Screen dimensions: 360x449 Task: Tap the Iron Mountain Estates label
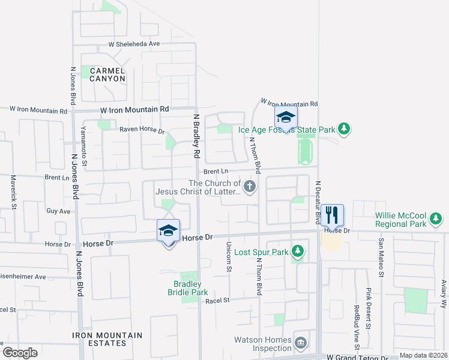coord(107,340)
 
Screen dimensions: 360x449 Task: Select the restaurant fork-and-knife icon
coord(332,214)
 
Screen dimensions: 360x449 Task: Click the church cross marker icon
coord(250,187)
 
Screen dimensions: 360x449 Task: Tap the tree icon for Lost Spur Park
coord(297,250)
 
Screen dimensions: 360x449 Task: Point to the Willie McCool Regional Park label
coord(400,220)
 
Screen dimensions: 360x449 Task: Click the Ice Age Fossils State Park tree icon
coord(343,128)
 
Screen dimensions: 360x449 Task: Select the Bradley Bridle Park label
coord(187,288)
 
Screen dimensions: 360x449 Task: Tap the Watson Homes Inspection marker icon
coord(301,343)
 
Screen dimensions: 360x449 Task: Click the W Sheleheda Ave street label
coord(134,44)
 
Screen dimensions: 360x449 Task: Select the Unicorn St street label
coord(229,257)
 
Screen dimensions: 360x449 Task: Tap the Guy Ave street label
coord(58,211)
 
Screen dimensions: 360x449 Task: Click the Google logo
coord(20,352)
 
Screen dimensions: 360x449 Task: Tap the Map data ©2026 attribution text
coord(423,355)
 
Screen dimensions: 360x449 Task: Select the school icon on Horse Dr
coord(169,230)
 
